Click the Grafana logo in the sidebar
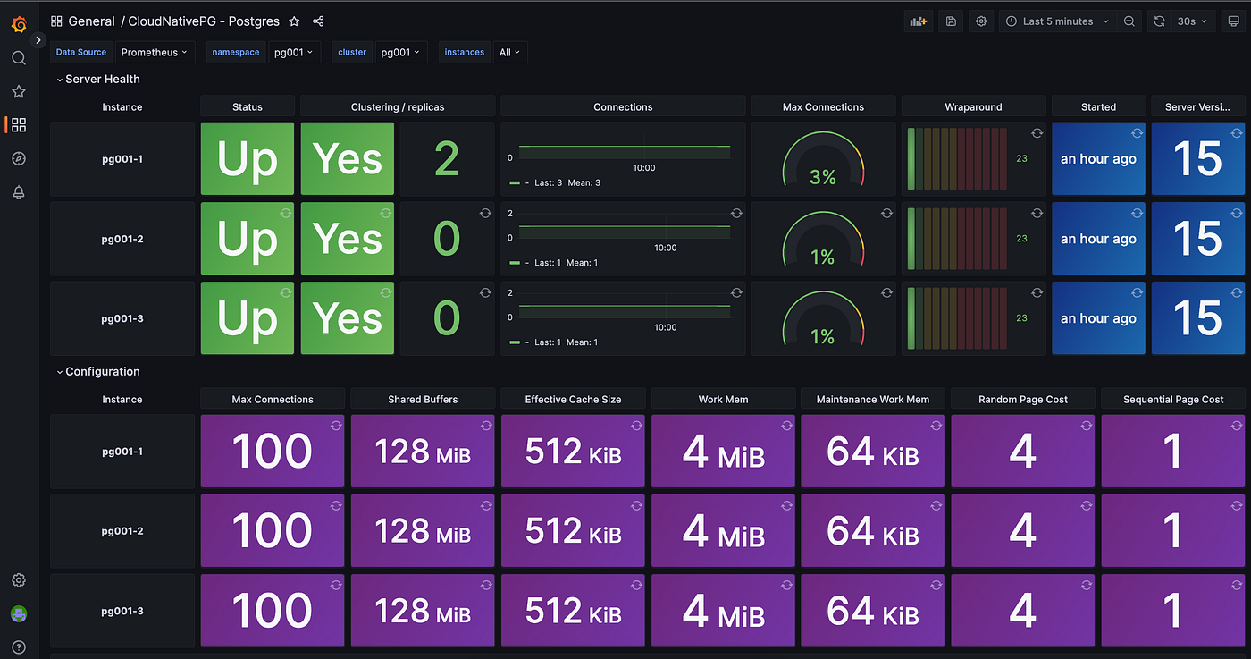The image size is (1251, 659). click(x=19, y=24)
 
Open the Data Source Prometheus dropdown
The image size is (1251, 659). click(x=155, y=53)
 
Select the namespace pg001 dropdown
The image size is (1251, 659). click(x=294, y=53)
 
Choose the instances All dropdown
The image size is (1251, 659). click(x=510, y=53)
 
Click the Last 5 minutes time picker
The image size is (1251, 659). click(x=1058, y=21)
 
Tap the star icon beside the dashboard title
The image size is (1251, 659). click(x=294, y=21)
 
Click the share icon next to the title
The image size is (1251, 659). click(x=319, y=21)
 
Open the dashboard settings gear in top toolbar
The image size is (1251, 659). click(x=981, y=21)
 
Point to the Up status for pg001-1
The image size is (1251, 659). click(x=248, y=159)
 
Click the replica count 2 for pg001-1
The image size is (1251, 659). click(x=447, y=159)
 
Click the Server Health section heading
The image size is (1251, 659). click(x=102, y=80)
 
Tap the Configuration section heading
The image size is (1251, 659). click(x=102, y=372)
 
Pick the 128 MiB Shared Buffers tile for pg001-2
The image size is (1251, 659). click(x=422, y=531)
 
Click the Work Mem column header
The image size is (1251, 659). click(x=723, y=400)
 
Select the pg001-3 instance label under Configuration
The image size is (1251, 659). click(x=122, y=612)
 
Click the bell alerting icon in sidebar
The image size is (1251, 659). click(x=19, y=192)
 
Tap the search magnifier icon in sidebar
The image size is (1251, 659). click(x=19, y=58)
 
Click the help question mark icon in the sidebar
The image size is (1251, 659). click(x=19, y=647)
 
